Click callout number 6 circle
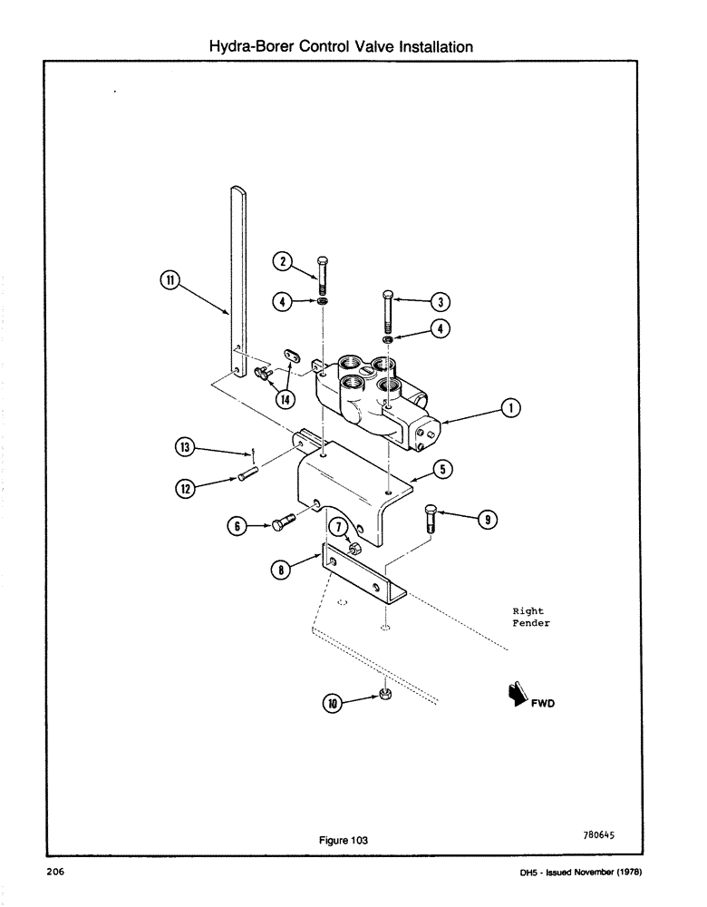coord(237,524)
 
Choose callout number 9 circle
coord(486,518)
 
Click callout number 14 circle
coord(286,399)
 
